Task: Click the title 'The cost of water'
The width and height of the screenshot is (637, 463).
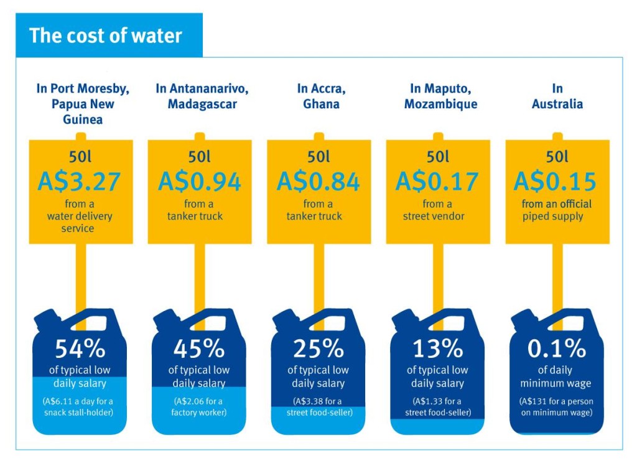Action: click(106, 35)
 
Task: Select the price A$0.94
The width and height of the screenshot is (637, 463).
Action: click(199, 181)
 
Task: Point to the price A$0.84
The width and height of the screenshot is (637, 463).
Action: click(318, 181)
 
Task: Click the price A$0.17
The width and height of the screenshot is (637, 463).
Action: click(437, 181)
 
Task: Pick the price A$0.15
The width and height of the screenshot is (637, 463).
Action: click(556, 181)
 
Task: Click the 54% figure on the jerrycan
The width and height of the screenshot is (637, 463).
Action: click(79, 349)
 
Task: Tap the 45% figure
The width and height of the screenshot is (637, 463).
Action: click(198, 349)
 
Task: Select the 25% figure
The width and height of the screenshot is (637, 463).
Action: click(318, 349)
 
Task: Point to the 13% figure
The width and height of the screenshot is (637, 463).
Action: click(437, 349)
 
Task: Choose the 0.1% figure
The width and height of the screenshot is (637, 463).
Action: click(556, 349)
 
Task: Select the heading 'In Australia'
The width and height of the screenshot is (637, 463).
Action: click(557, 96)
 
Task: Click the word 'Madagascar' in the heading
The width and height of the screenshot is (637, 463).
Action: click(202, 104)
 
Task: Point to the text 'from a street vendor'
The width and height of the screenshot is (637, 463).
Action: click(437, 210)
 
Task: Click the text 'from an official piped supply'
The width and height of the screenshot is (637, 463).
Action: click(556, 210)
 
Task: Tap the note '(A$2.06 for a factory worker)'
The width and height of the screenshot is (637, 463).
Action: click(198, 406)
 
